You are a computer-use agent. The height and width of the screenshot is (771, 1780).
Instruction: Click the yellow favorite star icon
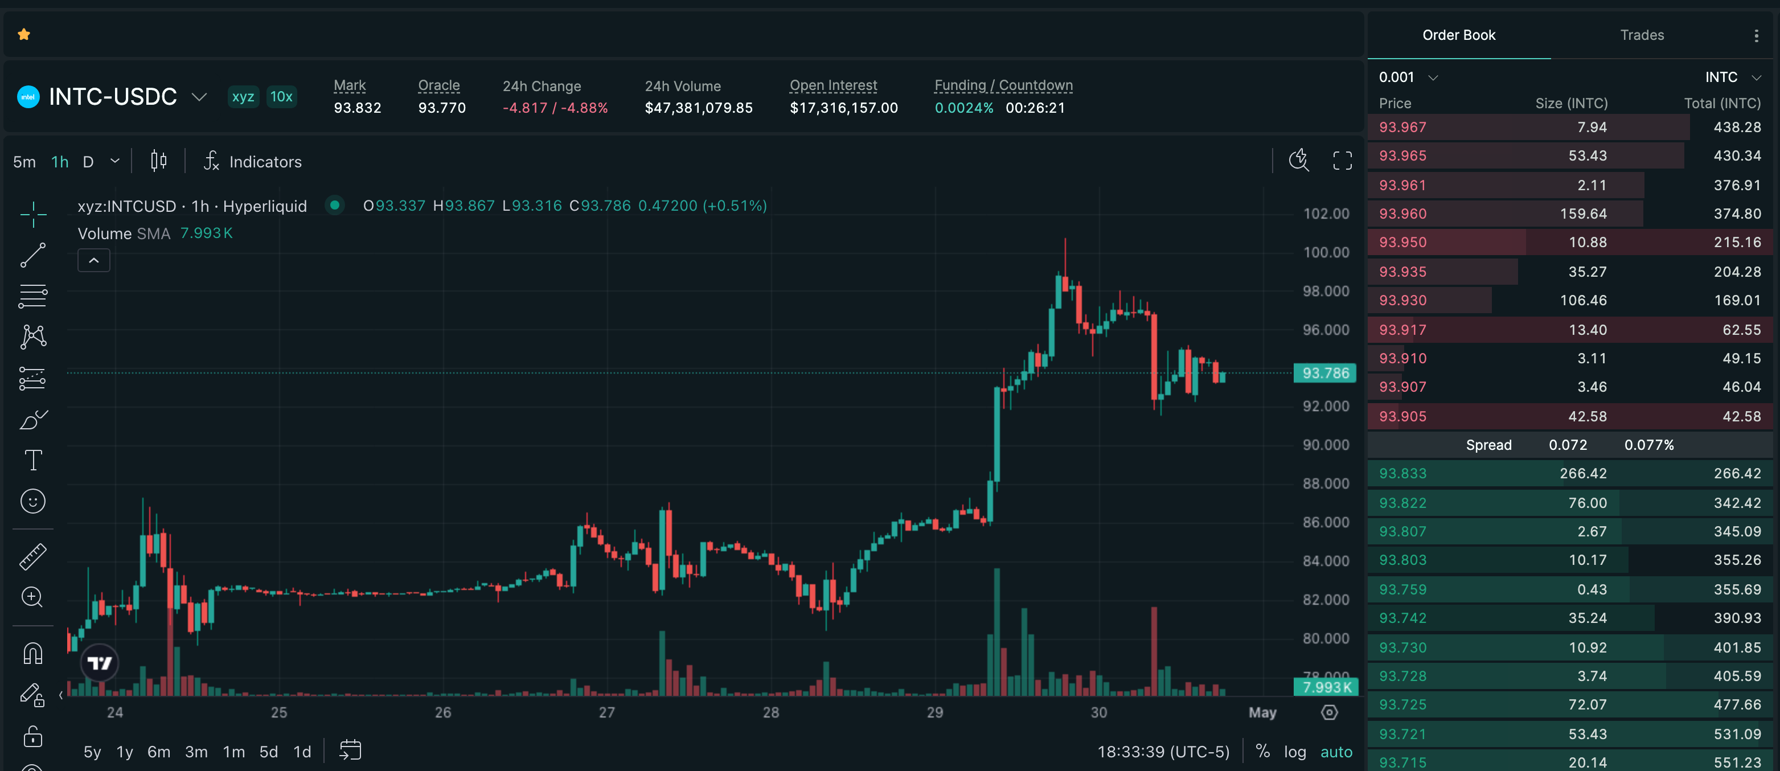coord(24,35)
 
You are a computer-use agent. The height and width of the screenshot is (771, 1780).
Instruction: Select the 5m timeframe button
coord(24,162)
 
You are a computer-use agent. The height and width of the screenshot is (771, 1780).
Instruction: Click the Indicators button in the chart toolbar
coord(253,162)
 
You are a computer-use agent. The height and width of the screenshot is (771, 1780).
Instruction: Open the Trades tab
coord(1642,35)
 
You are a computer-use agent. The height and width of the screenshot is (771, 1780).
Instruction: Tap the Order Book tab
coord(1459,35)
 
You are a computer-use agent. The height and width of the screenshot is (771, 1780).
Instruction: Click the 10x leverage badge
coord(281,97)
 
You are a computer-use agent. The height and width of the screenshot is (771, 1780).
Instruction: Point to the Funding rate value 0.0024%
coord(964,108)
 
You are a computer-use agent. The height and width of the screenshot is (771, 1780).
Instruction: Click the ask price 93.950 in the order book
coord(1402,243)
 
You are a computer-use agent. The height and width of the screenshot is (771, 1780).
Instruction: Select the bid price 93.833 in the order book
coord(1402,473)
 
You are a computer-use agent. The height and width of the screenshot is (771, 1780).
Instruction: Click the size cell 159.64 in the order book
coord(1583,214)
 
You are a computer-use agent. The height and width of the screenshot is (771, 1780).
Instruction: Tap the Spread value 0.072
coord(1568,445)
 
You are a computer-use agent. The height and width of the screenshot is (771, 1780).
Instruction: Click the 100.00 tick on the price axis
coord(1326,252)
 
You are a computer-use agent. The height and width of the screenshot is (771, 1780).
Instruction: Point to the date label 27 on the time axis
coord(606,712)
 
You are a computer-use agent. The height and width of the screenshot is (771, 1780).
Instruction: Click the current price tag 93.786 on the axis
coord(1324,373)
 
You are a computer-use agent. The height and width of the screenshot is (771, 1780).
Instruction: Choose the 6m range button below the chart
coord(159,752)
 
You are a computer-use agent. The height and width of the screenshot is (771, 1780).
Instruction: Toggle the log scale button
coord(1295,752)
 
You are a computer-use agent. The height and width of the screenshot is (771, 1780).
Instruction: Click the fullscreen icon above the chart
coord(1342,161)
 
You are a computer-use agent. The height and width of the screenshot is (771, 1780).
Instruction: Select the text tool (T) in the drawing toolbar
coord(33,460)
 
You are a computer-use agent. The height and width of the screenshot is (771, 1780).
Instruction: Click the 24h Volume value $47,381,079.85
coord(699,108)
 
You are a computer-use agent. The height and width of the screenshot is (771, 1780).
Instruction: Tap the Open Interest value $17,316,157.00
coord(844,108)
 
